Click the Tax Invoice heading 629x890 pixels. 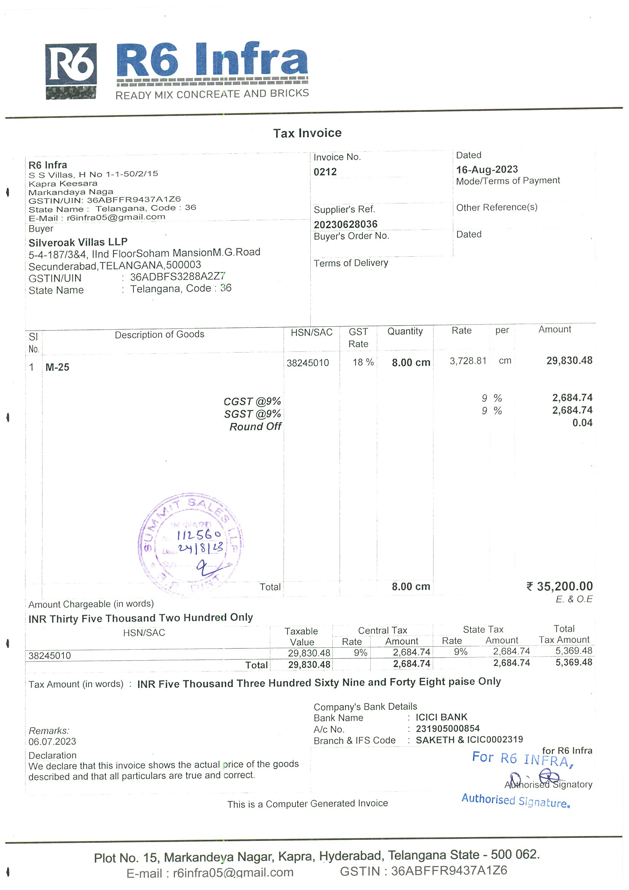click(307, 133)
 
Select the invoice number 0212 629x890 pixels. click(325, 172)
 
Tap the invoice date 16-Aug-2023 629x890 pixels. click(486, 169)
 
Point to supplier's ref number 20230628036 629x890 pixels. click(345, 224)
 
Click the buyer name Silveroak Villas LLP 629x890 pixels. click(78, 242)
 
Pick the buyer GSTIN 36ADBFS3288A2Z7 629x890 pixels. click(177, 277)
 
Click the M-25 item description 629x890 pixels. click(57, 367)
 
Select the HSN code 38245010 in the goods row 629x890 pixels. click(307, 363)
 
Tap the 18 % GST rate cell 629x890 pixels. click(363, 362)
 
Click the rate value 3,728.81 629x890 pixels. click(467, 361)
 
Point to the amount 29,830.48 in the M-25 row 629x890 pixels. click(569, 361)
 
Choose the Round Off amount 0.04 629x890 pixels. click(582, 423)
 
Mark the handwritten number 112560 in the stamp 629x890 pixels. click(199, 535)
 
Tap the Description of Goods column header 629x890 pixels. click(159, 334)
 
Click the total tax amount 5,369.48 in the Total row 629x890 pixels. click(573, 662)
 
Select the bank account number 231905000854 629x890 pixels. click(447, 728)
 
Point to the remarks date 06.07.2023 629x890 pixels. click(52, 741)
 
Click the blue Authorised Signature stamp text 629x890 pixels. click(515, 801)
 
